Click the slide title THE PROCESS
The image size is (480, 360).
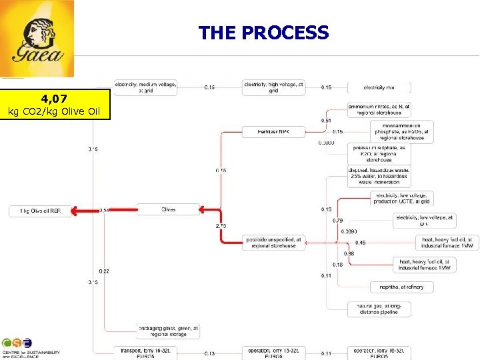pyautogui.click(x=263, y=32)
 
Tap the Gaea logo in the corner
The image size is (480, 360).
pyautogui.click(x=37, y=39)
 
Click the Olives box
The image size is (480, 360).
pyautogui.click(x=168, y=209)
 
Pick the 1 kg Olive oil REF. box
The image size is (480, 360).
pyautogui.click(x=39, y=211)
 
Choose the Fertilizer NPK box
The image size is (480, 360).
pyautogui.click(x=273, y=132)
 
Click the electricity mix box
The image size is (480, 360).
pyautogui.click(x=379, y=87)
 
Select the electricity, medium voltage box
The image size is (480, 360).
pyautogui.click(x=146, y=87)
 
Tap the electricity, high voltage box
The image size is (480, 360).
pyautogui.click(x=273, y=87)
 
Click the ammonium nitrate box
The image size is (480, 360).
pyautogui.click(x=379, y=110)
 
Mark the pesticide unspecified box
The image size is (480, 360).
pyautogui.click(x=273, y=242)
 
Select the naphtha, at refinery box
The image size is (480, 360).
pyautogui.click(x=401, y=287)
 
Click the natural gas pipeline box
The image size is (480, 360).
pyautogui.click(x=379, y=309)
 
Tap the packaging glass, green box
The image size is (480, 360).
pyautogui.click(x=168, y=331)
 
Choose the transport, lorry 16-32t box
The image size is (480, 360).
pyautogui.click(x=145, y=353)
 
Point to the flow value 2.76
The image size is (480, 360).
pyautogui.click(x=221, y=227)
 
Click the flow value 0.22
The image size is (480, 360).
pyautogui.click(x=105, y=271)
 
